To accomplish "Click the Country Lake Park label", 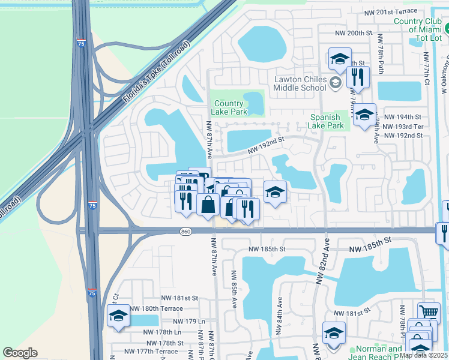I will [230, 107].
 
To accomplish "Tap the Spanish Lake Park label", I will [326, 121].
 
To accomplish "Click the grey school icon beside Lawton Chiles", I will [336, 82].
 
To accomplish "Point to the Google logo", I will [20, 353].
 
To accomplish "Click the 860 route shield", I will [185, 231].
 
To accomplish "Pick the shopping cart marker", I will [428, 312].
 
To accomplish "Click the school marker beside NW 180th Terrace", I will [118, 316].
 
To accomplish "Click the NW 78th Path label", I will [380, 50].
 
